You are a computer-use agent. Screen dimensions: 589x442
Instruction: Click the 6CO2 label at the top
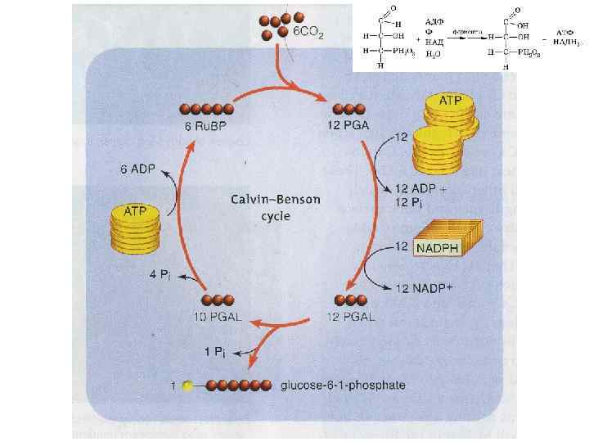[x=308, y=34]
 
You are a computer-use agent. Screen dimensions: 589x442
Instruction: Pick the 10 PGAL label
[x=218, y=318]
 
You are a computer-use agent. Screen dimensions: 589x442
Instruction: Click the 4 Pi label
[x=160, y=273]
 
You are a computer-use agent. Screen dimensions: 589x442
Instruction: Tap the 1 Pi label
[x=215, y=350]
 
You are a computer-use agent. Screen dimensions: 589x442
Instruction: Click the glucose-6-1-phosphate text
[x=343, y=385]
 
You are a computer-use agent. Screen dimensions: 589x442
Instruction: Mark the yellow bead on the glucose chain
[x=188, y=385]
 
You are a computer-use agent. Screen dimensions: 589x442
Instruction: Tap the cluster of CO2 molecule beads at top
[x=277, y=25]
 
